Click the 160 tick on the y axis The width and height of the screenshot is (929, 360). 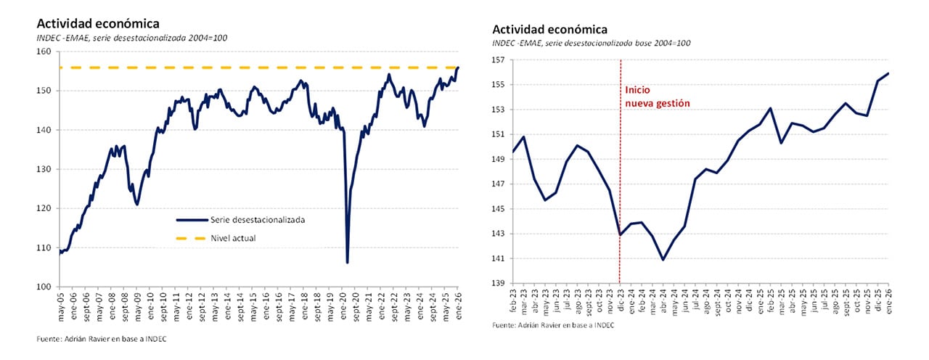(x=48, y=52)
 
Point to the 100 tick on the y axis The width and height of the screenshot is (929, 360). (x=48, y=287)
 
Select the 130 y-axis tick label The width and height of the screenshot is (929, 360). (x=48, y=169)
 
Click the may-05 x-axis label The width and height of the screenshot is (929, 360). (x=60, y=302)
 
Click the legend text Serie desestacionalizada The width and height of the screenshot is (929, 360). (x=258, y=219)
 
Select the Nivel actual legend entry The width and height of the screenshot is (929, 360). (x=233, y=237)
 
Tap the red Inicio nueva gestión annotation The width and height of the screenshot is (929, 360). (x=657, y=97)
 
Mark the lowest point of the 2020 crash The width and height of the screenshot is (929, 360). (x=348, y=262)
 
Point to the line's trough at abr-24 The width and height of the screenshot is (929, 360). (x=663, y=259)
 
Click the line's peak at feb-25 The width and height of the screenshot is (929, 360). (x=770, y=108)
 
